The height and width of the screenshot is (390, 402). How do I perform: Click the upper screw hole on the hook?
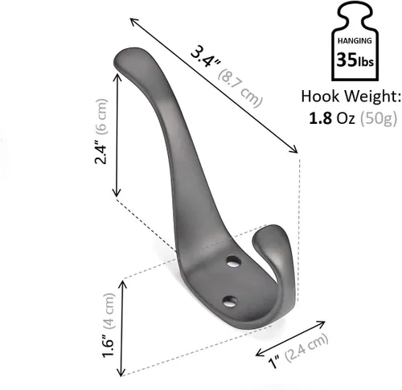[x=233, y=261]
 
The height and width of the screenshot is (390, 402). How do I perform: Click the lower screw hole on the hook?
[x=230, y=302]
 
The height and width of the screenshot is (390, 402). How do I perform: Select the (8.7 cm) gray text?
[x=240, y=88]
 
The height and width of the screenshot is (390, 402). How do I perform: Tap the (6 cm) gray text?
[x=101, y=116]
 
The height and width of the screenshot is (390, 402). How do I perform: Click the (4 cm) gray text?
[x=109, y=311]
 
